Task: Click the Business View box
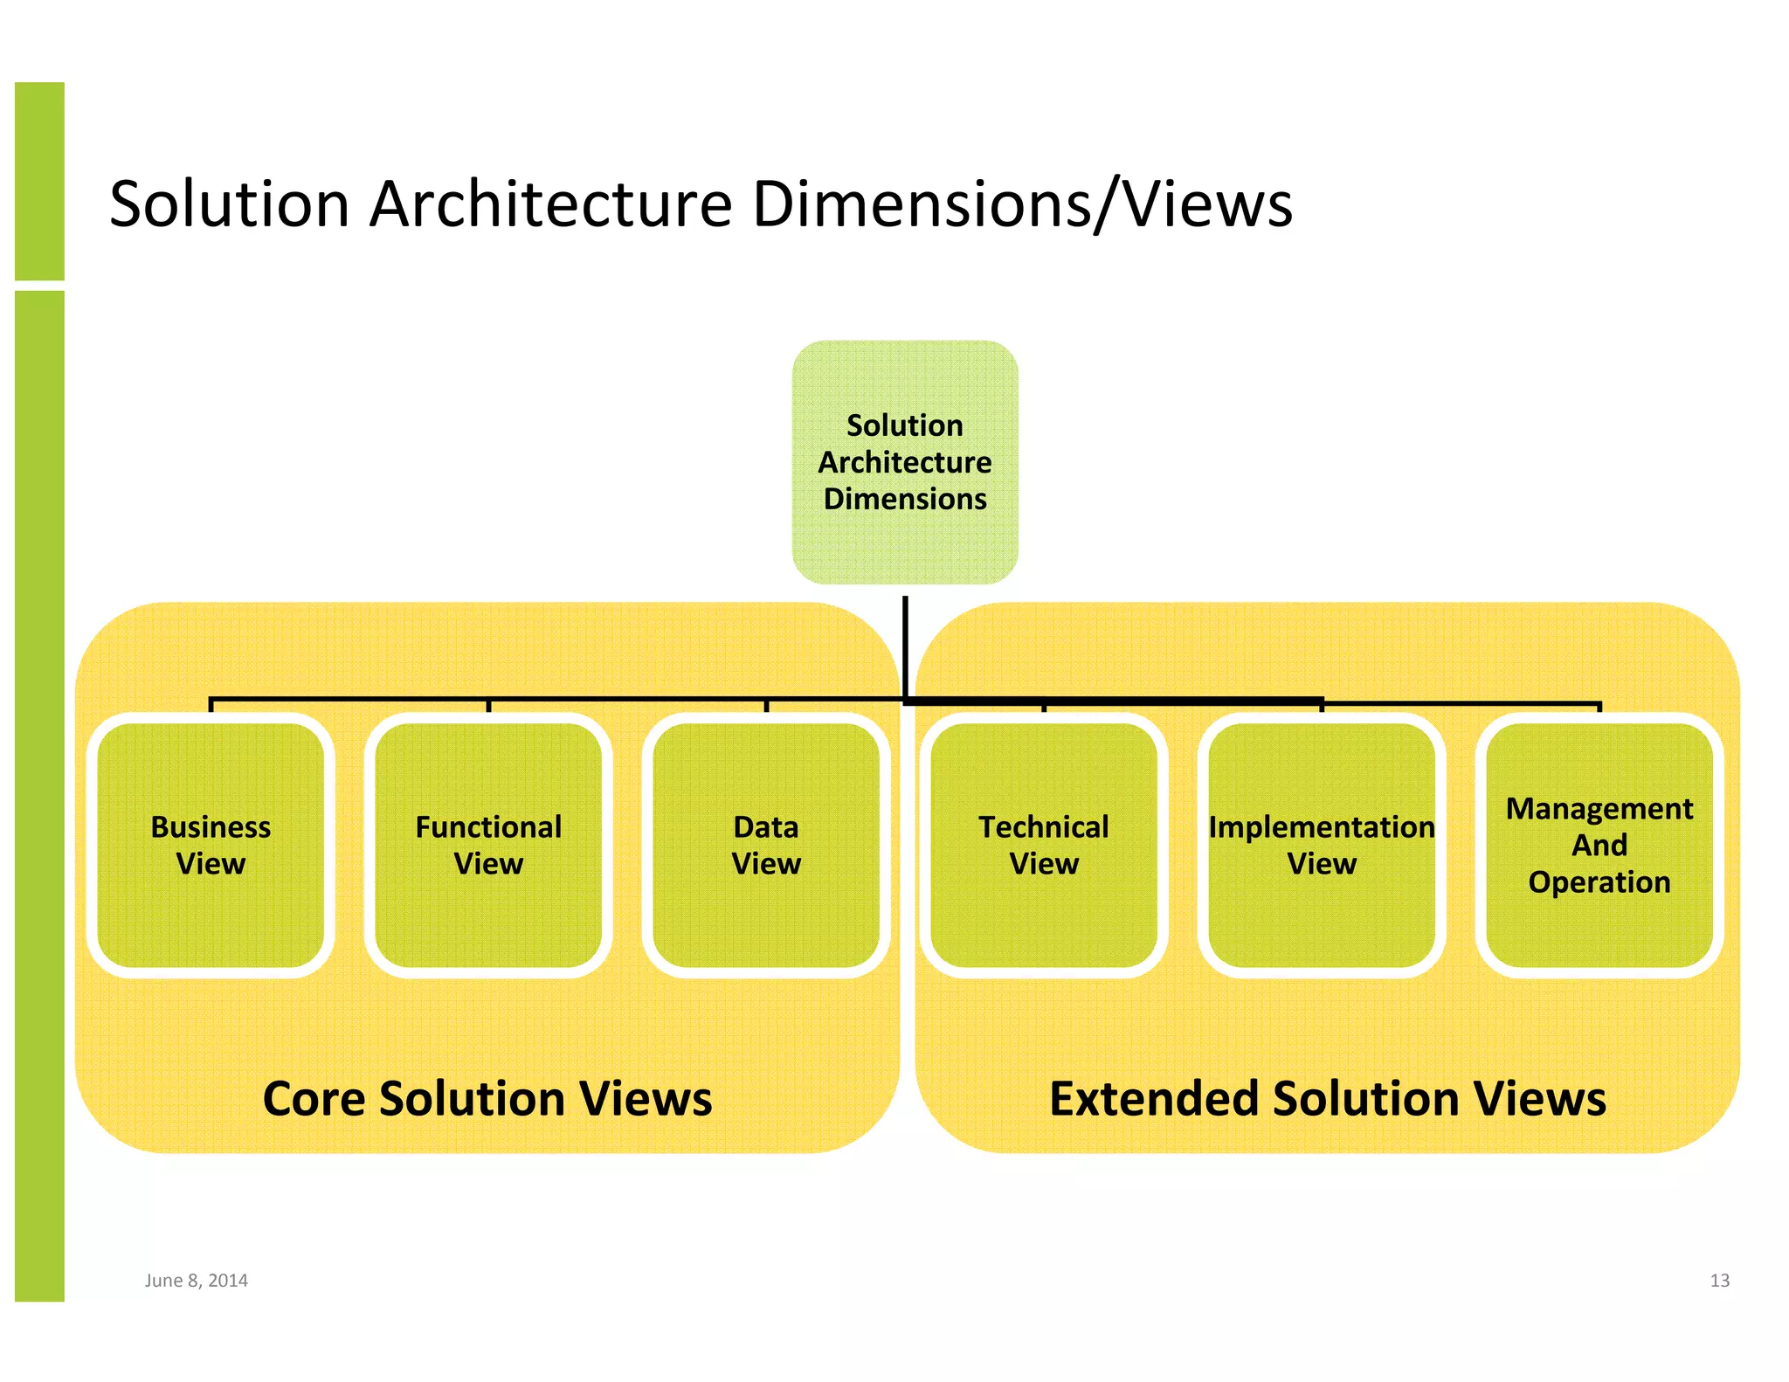pyautogui.click(x=211, y=845)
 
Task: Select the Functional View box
pyautogui.click(x=488, y=845)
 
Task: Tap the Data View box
pyautogui.click(x=766, y=845)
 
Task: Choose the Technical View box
pyautogui.click(x=1044, y=845)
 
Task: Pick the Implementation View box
pyautogui.click(x=1322, y=845)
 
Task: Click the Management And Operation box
pyautogui.click(x=1599, y=845)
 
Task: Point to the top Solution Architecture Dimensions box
pyautogui.click(x=905, y=462)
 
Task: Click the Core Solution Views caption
pyautogui.click(x=487, y=1098)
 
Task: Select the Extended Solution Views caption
pyautogui.click(x=1328, y=1098)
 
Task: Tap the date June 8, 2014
pyautogui.click(x=197, y=1281)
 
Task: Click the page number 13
pyautogui.click(x=1719, y=1281)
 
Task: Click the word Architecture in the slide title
pyautogui.click(x=550, y=204)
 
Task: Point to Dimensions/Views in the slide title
pyautogui.click(x=1022, y=205)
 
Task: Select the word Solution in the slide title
pyautogui.click(x=230, y=204)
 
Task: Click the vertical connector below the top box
pyautogui.click(x=905, y=646)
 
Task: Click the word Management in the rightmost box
pyautogui.click(x=1599, y=809)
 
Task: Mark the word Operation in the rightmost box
pyautogui.click(x=1599, y=882)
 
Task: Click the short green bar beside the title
pyautogui.click(x=39, y=181)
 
